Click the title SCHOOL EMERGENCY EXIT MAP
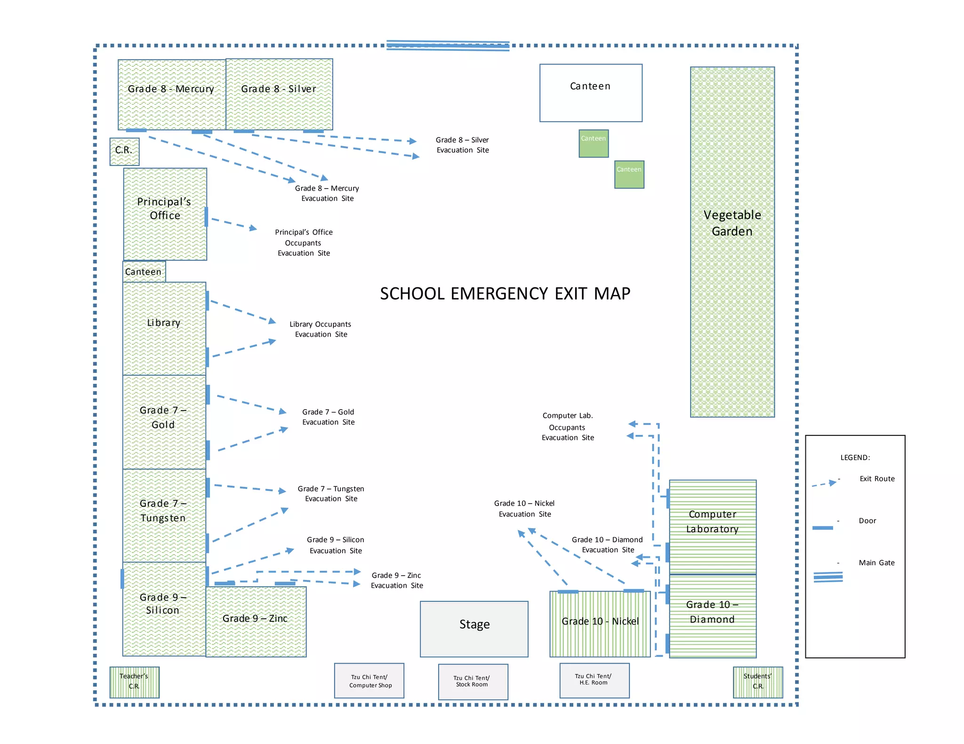[x=505, y=293]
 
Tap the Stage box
[x=474, y=629]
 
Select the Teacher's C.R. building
[x=134, y=682]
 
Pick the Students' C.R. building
[x=757, y=682]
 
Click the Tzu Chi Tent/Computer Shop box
[x=370, y=681]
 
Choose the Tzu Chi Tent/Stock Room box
[x=473, y=681]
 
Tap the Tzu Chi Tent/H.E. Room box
[x=594, y=680]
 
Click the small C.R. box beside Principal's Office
[x=124, y=151]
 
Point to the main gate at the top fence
[x=448, y=46]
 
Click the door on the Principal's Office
[x=206, y=217]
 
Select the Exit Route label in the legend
[x=877, y=479]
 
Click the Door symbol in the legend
[x=822, y=528]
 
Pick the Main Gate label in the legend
[x=876, y=562]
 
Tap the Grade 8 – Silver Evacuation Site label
[x=462, y=145]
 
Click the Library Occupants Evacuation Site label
[x=321, y=329]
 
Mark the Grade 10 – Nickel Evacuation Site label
[x=524, y=508]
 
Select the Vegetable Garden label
[x=732, y=223]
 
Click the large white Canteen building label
[x=590, y=86]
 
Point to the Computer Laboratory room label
[x=712, y=521]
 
